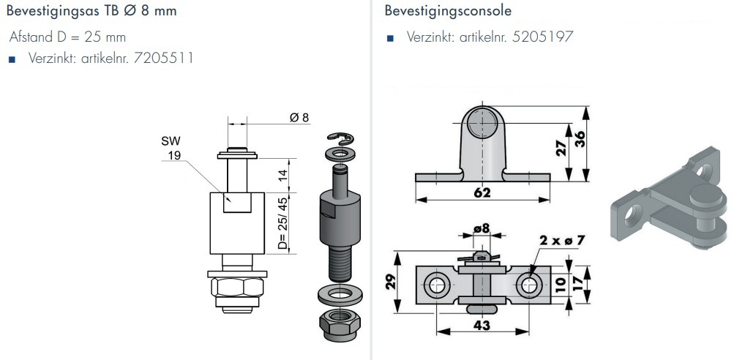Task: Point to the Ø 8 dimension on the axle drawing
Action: [x=299, y=118]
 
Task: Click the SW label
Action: [x=171, y=140]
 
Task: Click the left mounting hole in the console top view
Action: [x=437, y=285]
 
